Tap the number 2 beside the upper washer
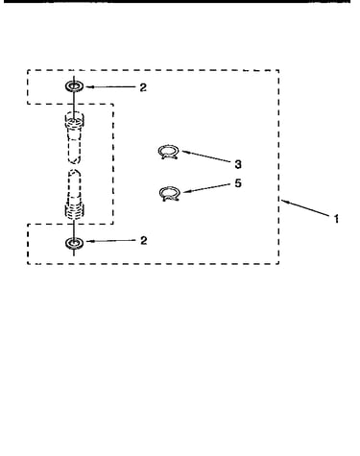143,87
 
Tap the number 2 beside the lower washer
144,240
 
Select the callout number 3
238,164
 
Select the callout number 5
238,183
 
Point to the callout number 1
336,219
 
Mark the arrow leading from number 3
207,156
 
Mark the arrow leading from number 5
207,188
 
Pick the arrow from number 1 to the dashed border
305,208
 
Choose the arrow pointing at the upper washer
111,86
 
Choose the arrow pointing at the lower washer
111,241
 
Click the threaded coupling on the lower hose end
75,210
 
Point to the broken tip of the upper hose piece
75,160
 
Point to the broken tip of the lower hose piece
75,173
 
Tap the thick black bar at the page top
177,1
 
